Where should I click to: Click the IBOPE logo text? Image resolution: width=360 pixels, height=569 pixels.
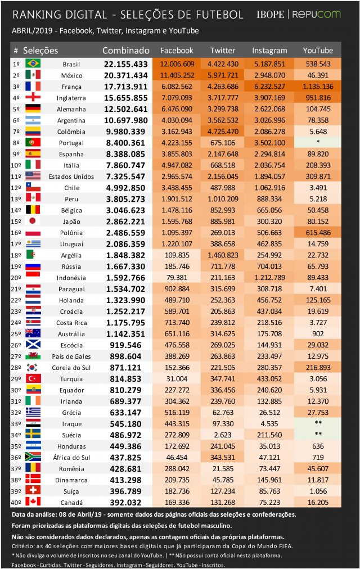point(270,15)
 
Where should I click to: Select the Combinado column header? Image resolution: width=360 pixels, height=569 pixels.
point(126,51)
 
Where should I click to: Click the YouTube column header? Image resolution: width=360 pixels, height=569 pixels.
point(318,51)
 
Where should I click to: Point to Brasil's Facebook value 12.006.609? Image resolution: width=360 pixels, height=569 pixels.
point(177,64)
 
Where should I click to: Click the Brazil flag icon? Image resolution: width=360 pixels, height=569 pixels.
point(33,64)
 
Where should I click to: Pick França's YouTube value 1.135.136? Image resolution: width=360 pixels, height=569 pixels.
point(318,87)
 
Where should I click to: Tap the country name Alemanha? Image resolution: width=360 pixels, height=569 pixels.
point(71,109)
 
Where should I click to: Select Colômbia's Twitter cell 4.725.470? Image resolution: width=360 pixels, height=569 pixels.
point(223,132)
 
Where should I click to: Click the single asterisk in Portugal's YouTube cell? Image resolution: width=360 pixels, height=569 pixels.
point(318,142)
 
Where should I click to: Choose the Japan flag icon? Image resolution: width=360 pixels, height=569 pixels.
point(33,221)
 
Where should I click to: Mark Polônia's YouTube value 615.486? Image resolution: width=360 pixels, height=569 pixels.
point(318,233)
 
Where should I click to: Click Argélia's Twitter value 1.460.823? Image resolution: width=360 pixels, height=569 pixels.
point(223,255)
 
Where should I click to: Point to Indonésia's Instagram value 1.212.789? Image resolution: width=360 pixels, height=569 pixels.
point(269,278)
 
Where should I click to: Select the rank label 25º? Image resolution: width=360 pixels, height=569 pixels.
point(16,334)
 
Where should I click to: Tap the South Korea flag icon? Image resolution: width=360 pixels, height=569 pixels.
point(33,367)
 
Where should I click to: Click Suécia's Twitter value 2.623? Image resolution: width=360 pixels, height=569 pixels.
point(223,435)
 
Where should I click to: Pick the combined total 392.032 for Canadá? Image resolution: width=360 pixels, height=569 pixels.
point(125,503)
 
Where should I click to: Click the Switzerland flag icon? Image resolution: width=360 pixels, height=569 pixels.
point(33,491)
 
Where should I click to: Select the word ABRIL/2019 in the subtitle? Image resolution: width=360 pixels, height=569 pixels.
point(32,31)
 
